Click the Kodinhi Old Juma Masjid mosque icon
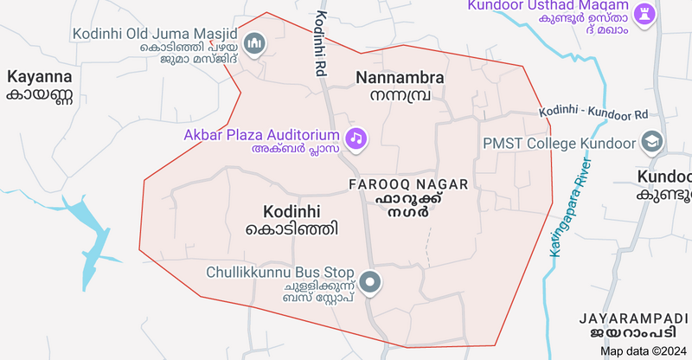(x=254, y=42)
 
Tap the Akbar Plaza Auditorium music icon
(x=355, y=138)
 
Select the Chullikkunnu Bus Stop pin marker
(x=371, y=282)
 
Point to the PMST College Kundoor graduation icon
(x=650, y=141)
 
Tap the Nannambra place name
(x=400, y=78)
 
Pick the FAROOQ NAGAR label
(x=408, y=185)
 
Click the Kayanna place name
(x=40, y=76)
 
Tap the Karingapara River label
(x=570, y=208)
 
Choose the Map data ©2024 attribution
(x=643, y=350)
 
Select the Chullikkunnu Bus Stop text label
(x=280, y=272)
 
